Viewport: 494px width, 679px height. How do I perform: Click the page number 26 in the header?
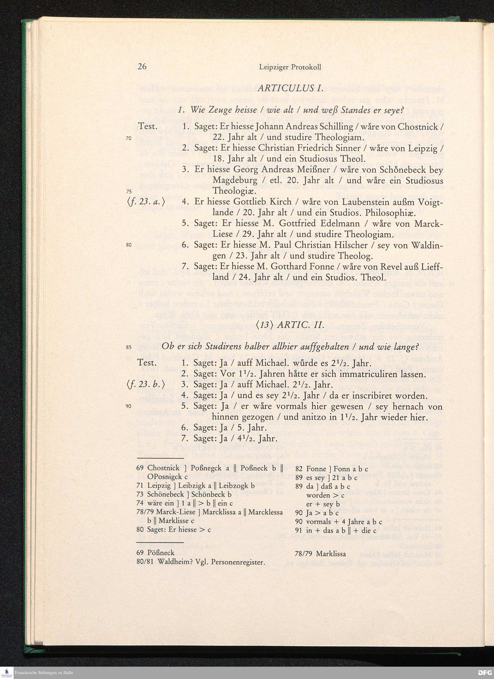pos(142,66)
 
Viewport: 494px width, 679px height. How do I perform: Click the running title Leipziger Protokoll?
pos(290,67)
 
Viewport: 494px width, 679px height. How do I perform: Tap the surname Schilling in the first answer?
pos(335,127)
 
